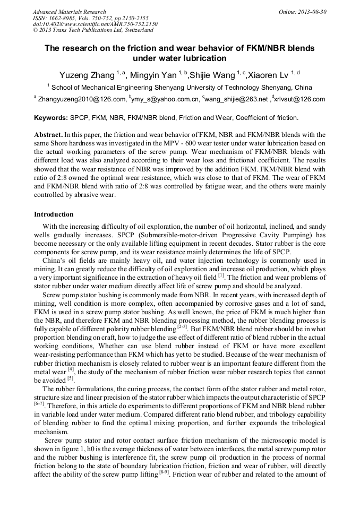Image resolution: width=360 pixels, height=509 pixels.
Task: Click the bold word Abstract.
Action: (x=48, y=135)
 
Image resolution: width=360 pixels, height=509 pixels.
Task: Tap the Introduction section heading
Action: (x=54, y=214)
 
